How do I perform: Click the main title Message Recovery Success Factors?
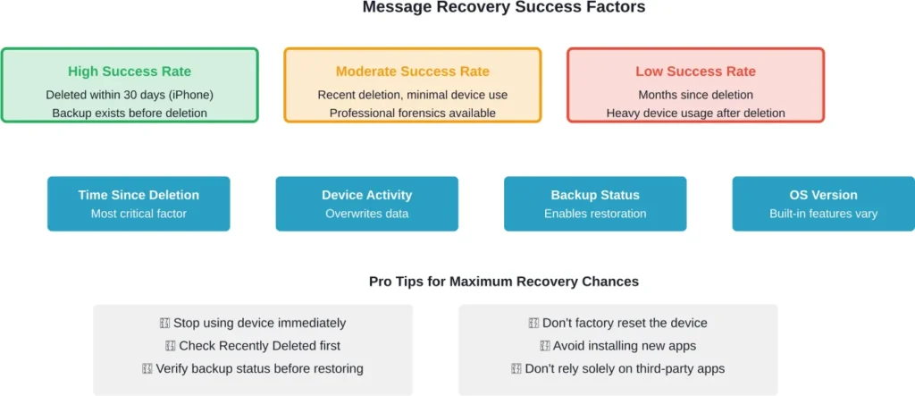503,8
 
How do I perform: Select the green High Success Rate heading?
130,72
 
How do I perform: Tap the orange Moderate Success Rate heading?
412,72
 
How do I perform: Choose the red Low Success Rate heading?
695,72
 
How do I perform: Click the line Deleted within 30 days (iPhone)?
130,95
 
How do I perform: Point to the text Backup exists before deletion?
130,113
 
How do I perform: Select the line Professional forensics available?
412,113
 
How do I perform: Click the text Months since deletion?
695,95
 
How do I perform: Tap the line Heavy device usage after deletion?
695,113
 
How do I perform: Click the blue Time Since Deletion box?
139,204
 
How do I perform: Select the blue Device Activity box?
366,204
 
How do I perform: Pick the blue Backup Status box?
595,204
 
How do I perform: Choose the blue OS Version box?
823,204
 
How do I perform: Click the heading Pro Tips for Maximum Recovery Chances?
503,282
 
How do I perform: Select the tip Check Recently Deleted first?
253,346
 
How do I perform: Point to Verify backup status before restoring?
253,368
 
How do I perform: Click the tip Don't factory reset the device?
617,323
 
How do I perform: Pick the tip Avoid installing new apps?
617,346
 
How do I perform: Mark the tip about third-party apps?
617,368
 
